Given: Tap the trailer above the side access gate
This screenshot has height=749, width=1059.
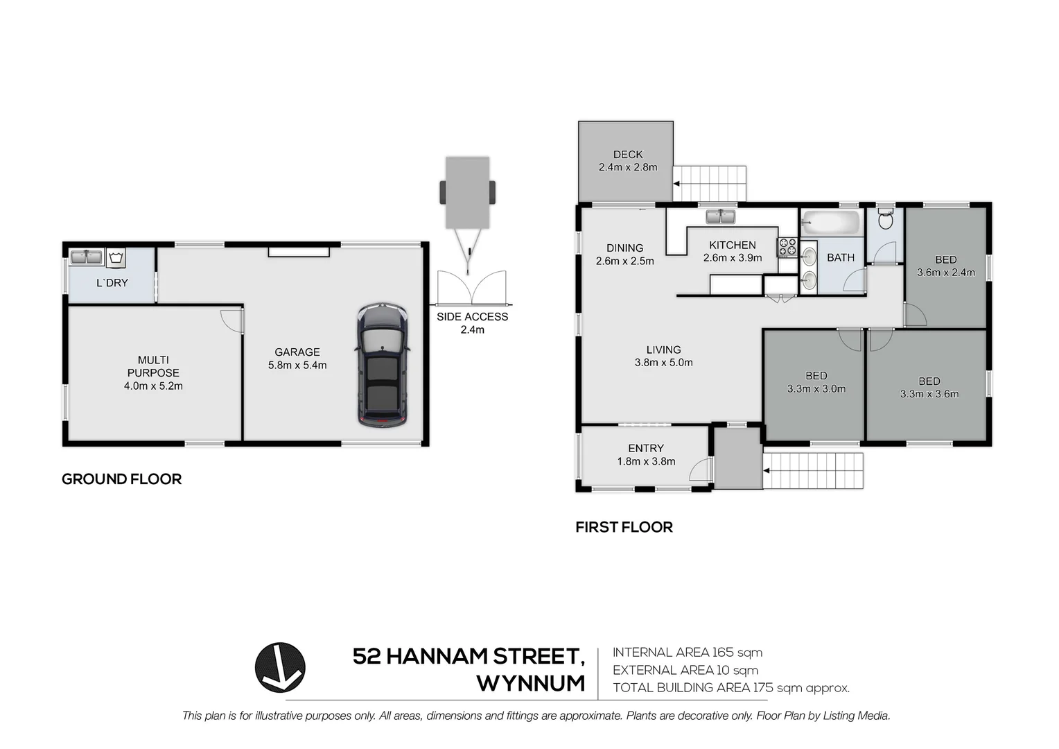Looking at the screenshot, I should (467, 192).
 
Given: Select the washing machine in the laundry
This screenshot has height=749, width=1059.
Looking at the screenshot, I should (116, 258).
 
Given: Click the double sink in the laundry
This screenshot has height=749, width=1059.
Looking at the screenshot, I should (87, 257).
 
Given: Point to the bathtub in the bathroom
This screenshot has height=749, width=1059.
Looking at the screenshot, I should (830, 223).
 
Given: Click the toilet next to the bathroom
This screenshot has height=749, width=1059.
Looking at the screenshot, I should (885, 220).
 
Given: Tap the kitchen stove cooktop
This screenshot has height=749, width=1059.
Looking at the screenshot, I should (787, 247).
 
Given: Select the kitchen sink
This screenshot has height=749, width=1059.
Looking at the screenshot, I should (721, 217).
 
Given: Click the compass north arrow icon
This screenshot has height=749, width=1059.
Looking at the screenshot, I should (280, 667).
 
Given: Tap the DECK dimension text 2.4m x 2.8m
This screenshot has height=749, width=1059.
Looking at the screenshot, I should (628, 167).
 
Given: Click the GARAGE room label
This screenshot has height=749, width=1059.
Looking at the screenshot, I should (297, 352).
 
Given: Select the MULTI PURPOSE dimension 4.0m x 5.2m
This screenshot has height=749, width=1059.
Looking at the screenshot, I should (153, 386).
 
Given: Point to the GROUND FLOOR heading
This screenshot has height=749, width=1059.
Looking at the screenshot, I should (122, 479).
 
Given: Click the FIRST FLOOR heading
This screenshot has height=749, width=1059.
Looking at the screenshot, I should (624, 527).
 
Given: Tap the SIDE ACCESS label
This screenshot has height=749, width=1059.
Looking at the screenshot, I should (472, 317).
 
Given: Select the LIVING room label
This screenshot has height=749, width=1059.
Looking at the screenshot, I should (663, 350).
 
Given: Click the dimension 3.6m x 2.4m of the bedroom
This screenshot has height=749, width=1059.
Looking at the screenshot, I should (945, 273).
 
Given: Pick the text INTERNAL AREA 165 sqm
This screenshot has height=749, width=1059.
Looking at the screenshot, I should (687, 653).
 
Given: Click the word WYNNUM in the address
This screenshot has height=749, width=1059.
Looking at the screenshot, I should (530, 683).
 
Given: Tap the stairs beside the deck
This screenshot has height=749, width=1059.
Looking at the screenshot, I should (710, 184).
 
